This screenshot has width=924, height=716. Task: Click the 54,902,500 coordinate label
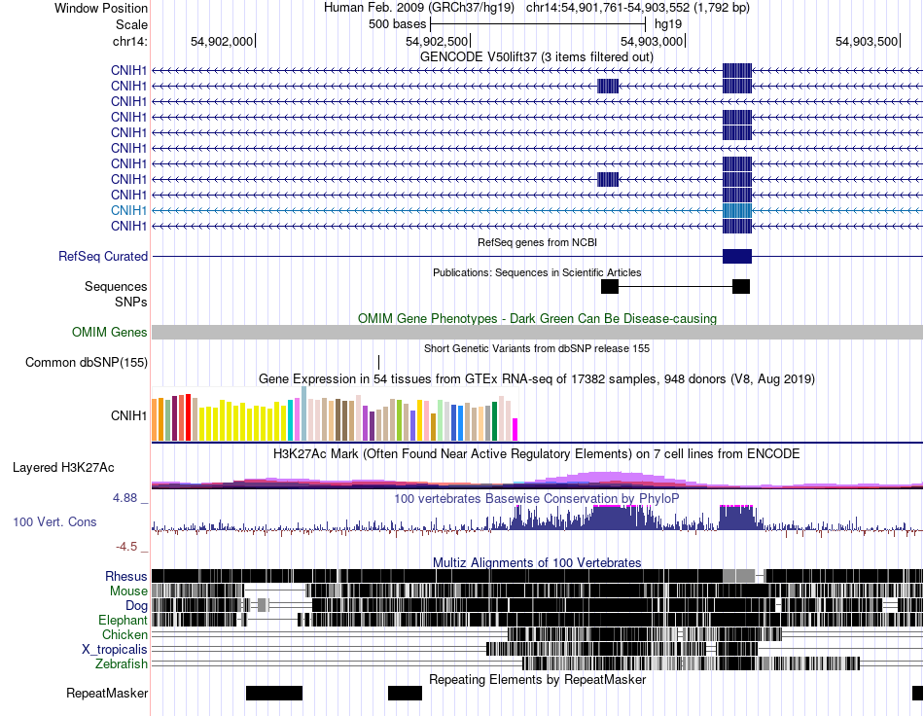point(436,41)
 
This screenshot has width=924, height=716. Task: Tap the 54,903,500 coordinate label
point(867,41)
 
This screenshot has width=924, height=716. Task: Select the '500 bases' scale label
point(397,24)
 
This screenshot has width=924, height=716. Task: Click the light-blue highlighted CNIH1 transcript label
point(128,210)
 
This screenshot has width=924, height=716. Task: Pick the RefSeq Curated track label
point(103,257)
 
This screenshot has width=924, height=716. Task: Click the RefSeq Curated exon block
point(737,257)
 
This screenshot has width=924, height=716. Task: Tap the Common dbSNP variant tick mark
point(378,362)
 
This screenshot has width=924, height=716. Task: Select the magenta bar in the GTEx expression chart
point(515,430)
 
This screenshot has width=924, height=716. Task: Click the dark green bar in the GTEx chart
point(495,421)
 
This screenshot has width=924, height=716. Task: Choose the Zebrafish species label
point(122,664)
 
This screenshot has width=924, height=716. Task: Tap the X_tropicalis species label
point(115,650)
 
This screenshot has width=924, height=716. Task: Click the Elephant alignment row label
point(123,620)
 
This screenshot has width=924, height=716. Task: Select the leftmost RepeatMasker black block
point(274,693)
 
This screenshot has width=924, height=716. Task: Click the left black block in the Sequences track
point(610,286)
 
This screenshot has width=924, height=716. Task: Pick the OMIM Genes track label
point(110,333)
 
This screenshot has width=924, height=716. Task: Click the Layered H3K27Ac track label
point(63,467)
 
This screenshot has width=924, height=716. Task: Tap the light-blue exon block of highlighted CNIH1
point(737,210)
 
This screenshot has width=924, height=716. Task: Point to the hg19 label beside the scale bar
point(668,24)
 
